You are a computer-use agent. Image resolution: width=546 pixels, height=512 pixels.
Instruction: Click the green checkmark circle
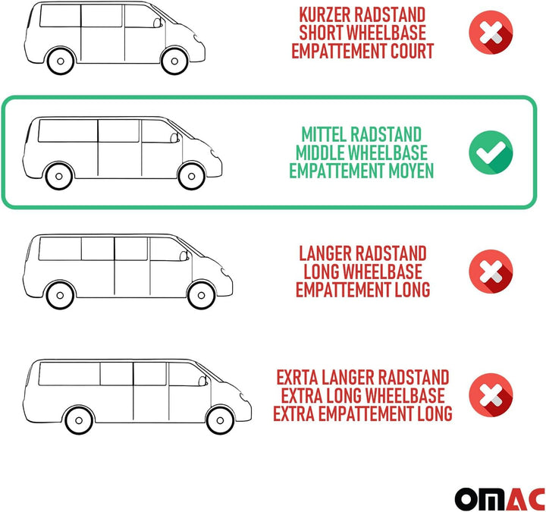pos(491,152)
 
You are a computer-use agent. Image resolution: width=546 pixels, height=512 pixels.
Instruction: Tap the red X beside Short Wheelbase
pos(491,33)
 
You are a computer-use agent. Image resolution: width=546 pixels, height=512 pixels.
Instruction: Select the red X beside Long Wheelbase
pos(491,272)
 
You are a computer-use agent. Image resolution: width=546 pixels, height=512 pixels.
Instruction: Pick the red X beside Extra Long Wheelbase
pos(491,395)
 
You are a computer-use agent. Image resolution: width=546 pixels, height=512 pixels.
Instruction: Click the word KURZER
pos(325,14)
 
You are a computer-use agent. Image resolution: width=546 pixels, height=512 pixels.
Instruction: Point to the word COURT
pos(412,51)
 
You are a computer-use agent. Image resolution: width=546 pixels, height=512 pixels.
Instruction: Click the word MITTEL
pos(324,134)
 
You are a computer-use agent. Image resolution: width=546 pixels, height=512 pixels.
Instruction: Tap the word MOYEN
pos(411,171)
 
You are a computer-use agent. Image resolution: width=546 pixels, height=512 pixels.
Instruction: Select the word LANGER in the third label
pos(325,253)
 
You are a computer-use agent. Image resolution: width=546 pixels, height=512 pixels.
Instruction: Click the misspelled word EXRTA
pos(297,377)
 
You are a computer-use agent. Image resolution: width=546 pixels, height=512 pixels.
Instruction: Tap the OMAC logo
pos(500,499)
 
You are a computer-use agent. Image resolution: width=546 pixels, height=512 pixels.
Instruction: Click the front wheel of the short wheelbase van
pos(174,61)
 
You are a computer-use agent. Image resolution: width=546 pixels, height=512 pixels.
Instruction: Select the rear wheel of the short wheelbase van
pos(61,61)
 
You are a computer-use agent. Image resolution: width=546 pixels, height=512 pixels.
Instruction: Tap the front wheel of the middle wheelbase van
pos(191,176)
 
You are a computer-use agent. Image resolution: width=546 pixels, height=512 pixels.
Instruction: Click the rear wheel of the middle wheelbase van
pos(59,176)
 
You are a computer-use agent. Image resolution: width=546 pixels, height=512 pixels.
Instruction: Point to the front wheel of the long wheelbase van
pos(201,295)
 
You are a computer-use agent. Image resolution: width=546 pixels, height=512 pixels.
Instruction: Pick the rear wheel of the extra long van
pos(79,420)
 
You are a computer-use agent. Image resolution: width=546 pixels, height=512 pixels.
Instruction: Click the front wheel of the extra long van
pos(220,420)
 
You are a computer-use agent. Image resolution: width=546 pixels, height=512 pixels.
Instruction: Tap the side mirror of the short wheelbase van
pos(158,23)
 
